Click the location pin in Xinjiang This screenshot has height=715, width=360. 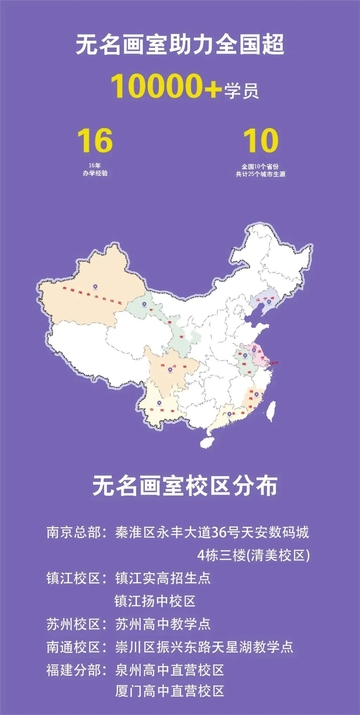(95, 287)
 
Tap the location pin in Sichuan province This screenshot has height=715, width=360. (170, 370)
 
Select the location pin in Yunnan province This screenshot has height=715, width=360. (159, 403)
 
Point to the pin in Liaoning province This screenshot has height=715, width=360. (269, 301)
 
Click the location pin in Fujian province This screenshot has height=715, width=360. (256, 395)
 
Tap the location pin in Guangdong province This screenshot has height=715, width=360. (230, 414)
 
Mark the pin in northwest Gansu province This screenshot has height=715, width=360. (144, 304)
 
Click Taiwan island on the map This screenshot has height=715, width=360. (271, 411)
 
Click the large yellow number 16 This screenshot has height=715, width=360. (95, 141)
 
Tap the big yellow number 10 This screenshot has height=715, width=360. (261, 141)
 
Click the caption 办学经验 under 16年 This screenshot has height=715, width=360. (95, 173)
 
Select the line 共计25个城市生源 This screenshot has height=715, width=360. (261, 174)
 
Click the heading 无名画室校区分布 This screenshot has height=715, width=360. (185, 486)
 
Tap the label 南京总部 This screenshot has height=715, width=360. (74, 532)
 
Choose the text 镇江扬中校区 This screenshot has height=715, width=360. (155, 601)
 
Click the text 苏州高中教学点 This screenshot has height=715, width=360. (163, 624)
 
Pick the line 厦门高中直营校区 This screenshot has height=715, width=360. (169, 691)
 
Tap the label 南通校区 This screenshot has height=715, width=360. (74, 647)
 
